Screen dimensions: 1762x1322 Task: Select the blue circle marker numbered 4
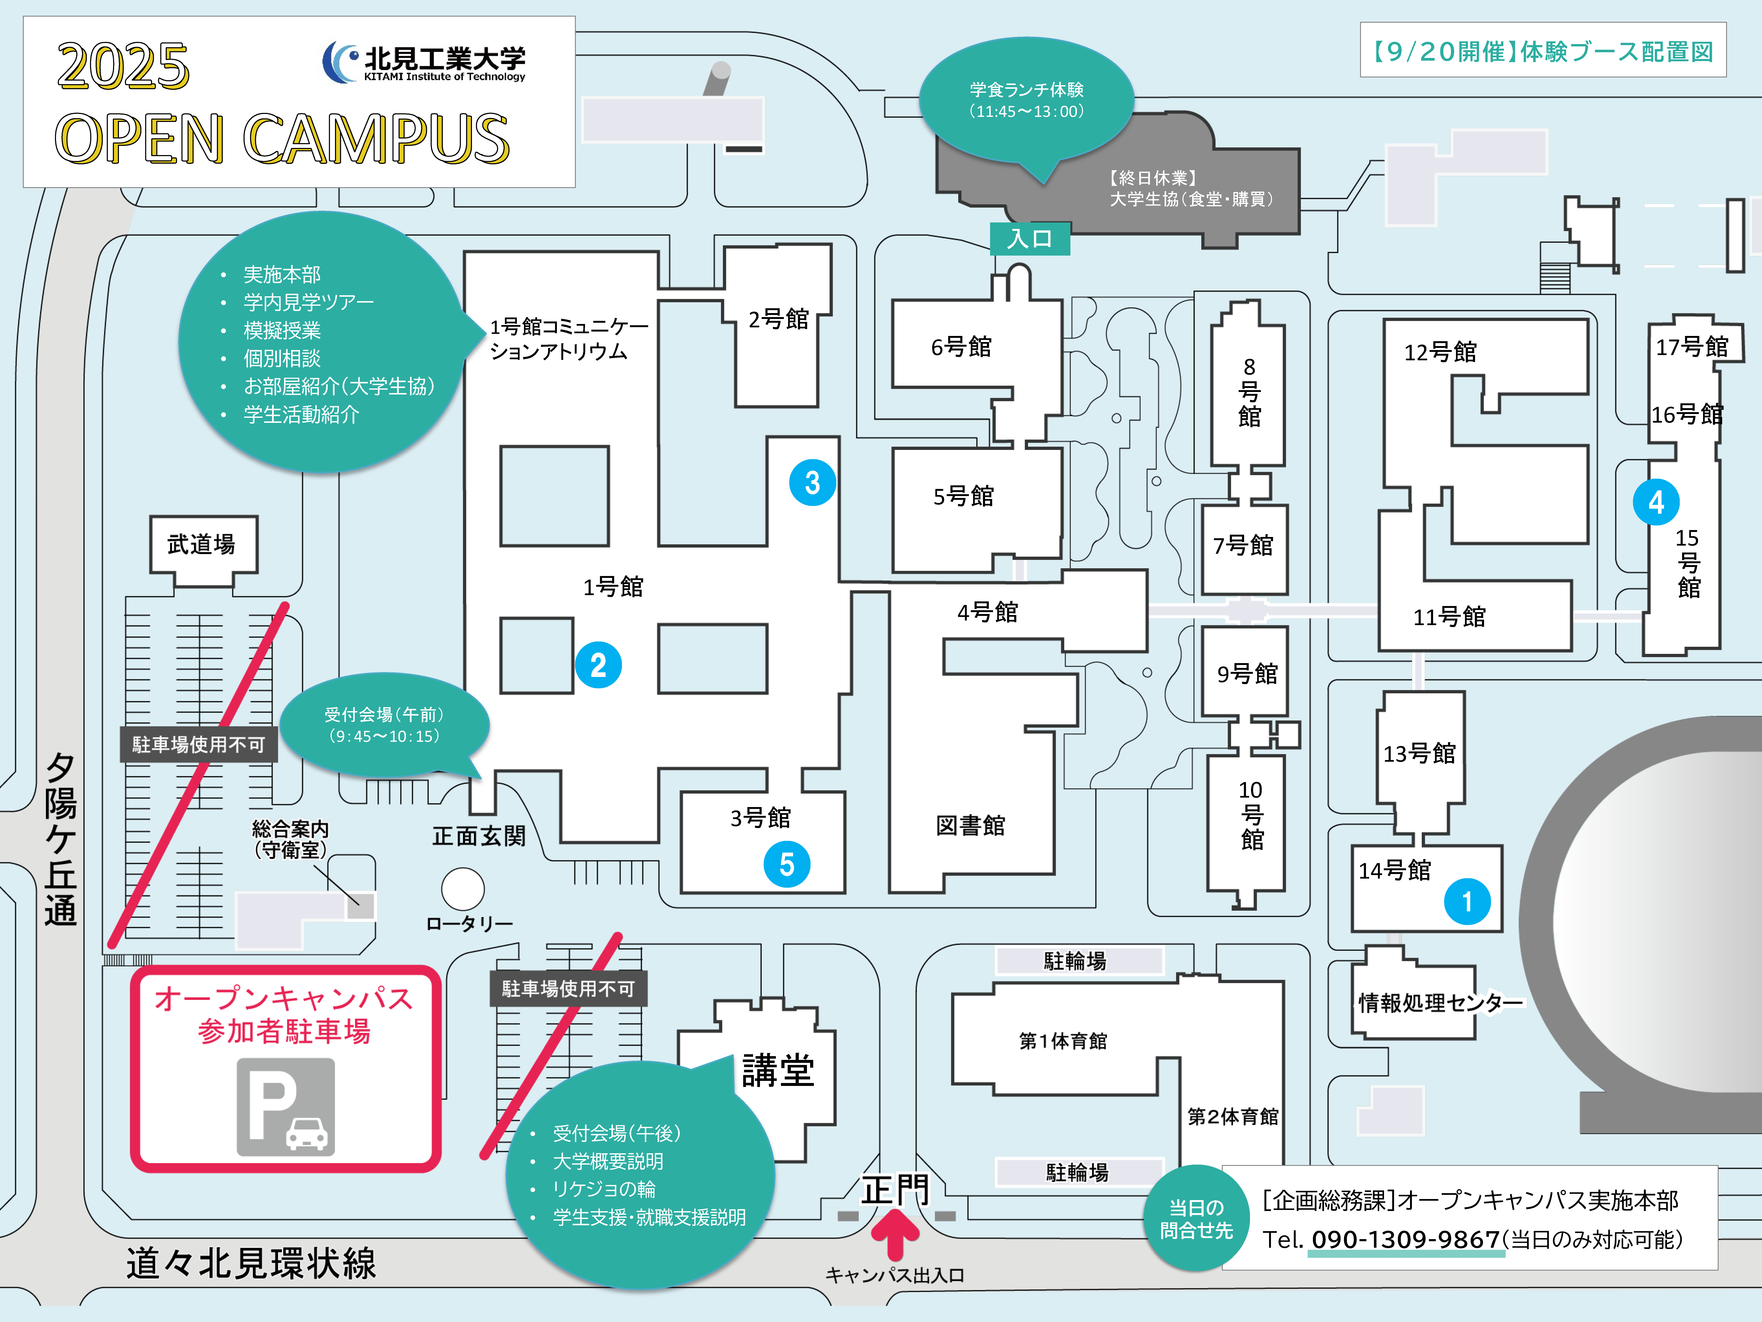[x=1656, y=502]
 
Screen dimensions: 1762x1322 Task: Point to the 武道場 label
[x=202, y=544]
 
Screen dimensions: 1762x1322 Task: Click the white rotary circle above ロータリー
[x=463, y=888]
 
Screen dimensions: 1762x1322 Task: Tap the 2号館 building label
[x=778, y=319]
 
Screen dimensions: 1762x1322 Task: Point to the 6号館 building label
[x=962, y=347]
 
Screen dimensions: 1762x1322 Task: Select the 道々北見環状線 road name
[x=251, y=1263]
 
